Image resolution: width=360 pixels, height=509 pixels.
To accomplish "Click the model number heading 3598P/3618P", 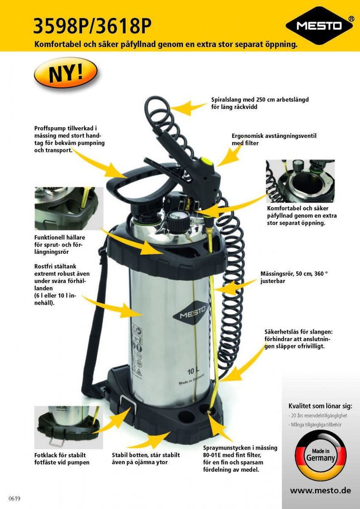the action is tap(92, 27).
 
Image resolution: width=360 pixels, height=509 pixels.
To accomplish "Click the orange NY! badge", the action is tap(66, 73).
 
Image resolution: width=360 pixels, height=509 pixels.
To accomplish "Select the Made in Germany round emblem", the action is tap(320, 455).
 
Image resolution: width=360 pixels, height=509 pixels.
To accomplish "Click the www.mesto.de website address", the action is tap(320, 490).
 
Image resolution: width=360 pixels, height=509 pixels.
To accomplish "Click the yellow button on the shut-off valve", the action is tap(207, 161).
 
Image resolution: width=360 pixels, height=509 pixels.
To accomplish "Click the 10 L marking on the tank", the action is tap(193, 371).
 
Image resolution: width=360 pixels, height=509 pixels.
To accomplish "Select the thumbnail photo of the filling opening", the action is tap(300, 181).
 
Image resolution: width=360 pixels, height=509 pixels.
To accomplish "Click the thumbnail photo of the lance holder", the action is tap(69, 208).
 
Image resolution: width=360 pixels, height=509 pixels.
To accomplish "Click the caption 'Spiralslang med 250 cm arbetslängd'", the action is tap(260, 99).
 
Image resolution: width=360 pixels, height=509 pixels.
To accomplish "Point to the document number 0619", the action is tap(14, 498).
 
